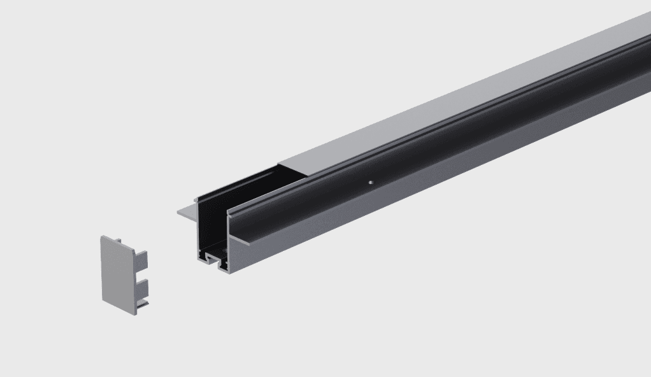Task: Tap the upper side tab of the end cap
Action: [141, 259]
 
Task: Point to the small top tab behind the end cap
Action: [118, 239]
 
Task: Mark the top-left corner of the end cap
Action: [101, 238]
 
